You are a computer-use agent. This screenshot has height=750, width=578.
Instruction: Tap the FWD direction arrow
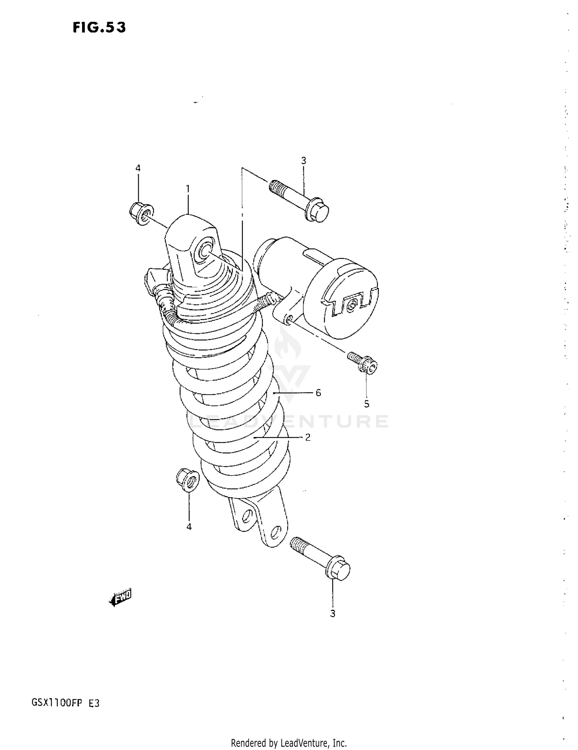(121, 597)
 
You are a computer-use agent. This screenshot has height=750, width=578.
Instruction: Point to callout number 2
(307, 437)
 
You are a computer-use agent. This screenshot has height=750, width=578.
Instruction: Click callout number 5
(366, 403)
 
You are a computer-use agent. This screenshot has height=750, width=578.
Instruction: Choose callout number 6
(318, 393)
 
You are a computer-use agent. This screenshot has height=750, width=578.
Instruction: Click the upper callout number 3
(303, 161)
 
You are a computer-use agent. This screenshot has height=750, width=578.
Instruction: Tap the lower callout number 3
(333, 613)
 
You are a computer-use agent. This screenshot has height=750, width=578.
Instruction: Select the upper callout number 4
(138, 168)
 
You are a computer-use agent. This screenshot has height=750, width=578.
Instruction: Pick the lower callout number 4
(189, 527)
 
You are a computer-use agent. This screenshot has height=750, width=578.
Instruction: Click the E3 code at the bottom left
(94, 703)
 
